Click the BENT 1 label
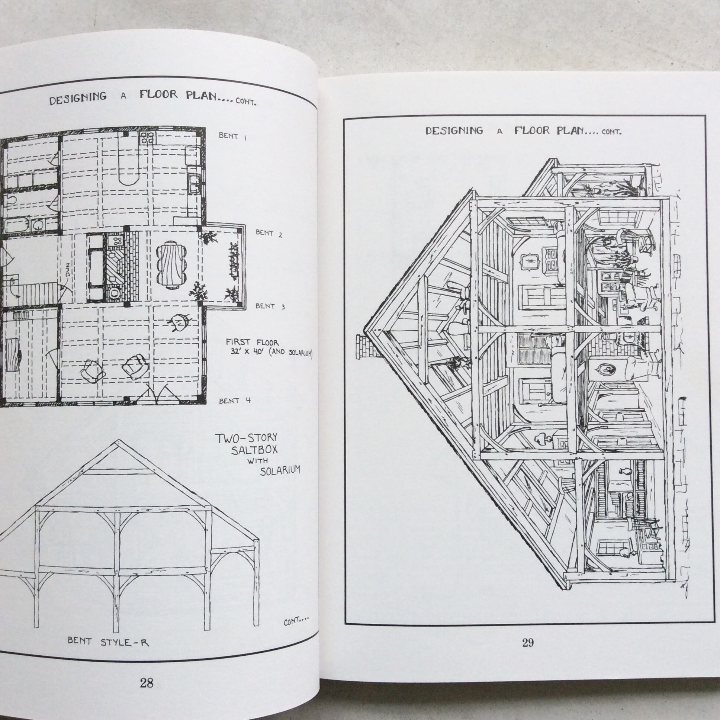point(233,136)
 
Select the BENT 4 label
point(235,401)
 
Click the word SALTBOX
point(254,449)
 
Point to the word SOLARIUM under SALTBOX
point(280,471)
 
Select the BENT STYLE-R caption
point(108,642)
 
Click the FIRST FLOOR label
point(252,342)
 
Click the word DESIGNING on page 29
point(454,131)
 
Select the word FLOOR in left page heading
point(159,94)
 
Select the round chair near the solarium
point(180,322)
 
